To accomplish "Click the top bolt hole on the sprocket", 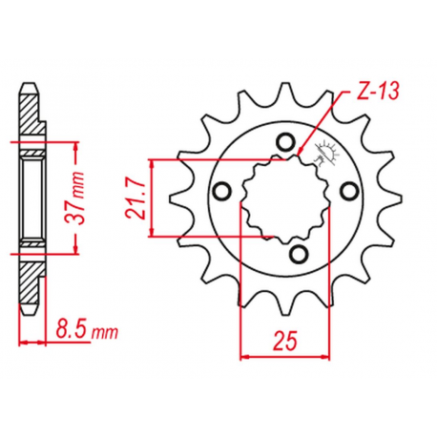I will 282,143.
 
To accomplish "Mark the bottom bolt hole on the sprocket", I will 298,252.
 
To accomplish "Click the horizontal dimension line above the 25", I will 283,357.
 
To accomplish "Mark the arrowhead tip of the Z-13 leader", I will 301,154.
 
